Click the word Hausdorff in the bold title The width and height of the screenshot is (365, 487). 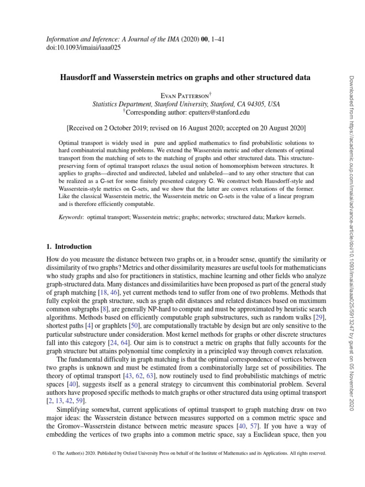77,77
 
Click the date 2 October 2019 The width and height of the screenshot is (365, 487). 113,128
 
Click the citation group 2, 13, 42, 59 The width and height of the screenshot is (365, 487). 67,402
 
